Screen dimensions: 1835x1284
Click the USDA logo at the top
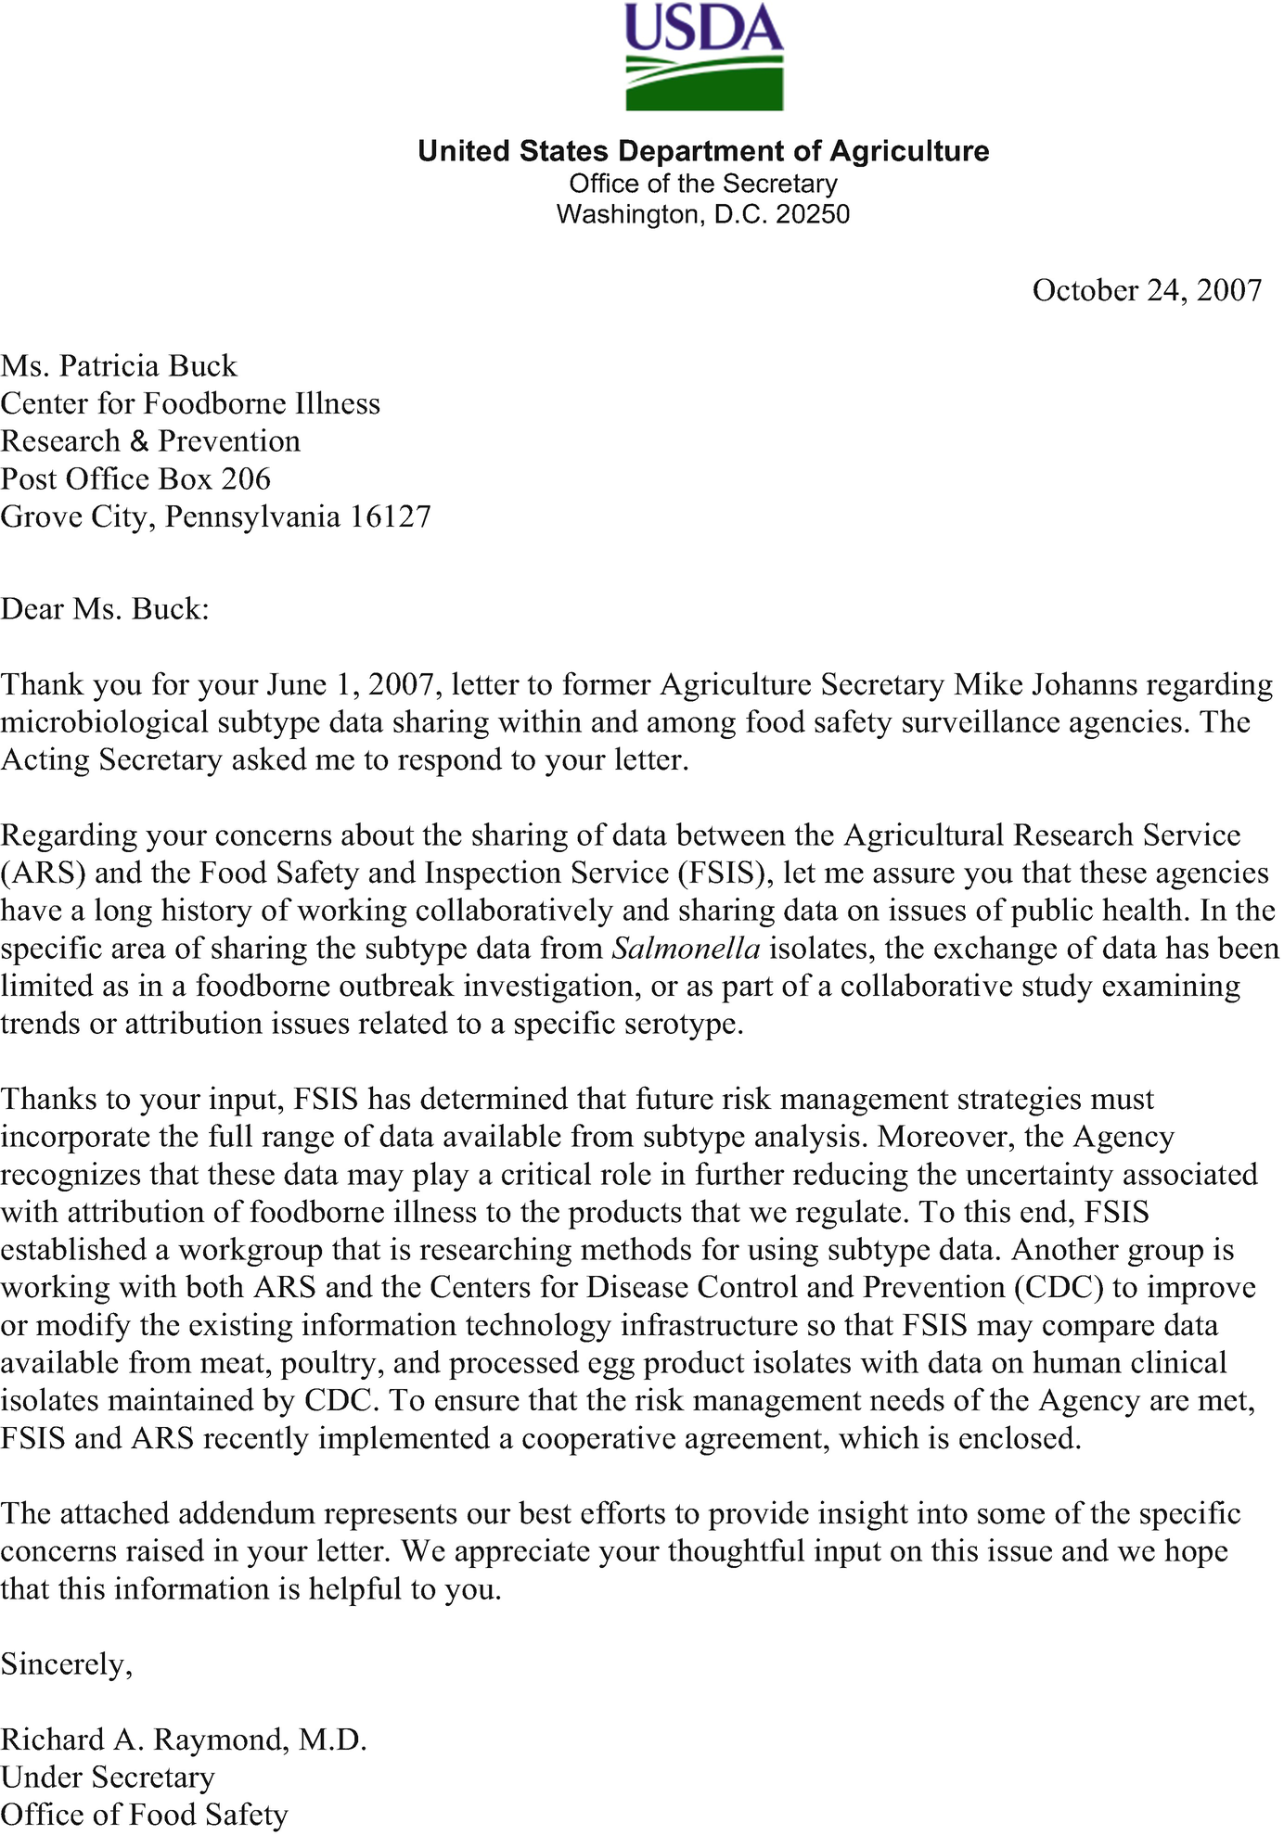703,57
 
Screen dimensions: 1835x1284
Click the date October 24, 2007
1147,290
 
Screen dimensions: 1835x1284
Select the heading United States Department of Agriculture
703,151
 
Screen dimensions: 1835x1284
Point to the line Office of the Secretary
703,184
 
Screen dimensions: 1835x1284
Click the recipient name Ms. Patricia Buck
119,366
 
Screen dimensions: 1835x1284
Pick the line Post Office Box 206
135,478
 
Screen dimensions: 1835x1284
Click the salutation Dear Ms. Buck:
105,609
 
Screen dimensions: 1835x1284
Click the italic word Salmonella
687,949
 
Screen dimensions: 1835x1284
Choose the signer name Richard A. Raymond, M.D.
184,1739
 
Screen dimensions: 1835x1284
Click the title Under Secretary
108,1778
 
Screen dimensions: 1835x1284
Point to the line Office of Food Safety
144,1815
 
